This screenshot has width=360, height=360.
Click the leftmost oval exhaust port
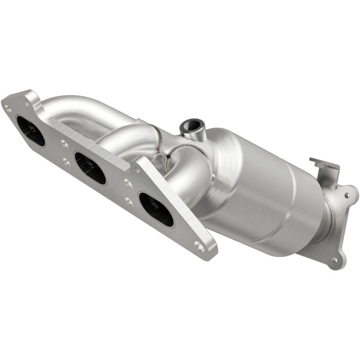coord(31,131)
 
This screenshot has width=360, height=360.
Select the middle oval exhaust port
coord(90,169)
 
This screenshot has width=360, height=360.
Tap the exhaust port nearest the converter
coord(155,209)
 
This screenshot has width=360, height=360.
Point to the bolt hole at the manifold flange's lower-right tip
coord(199,246)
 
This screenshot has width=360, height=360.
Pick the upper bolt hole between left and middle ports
coord(64,143)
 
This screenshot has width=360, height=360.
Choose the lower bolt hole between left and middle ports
coord(65,162)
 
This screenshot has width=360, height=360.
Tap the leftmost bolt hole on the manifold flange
coord(8,109)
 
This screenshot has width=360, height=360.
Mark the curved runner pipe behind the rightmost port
coord(186,174)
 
